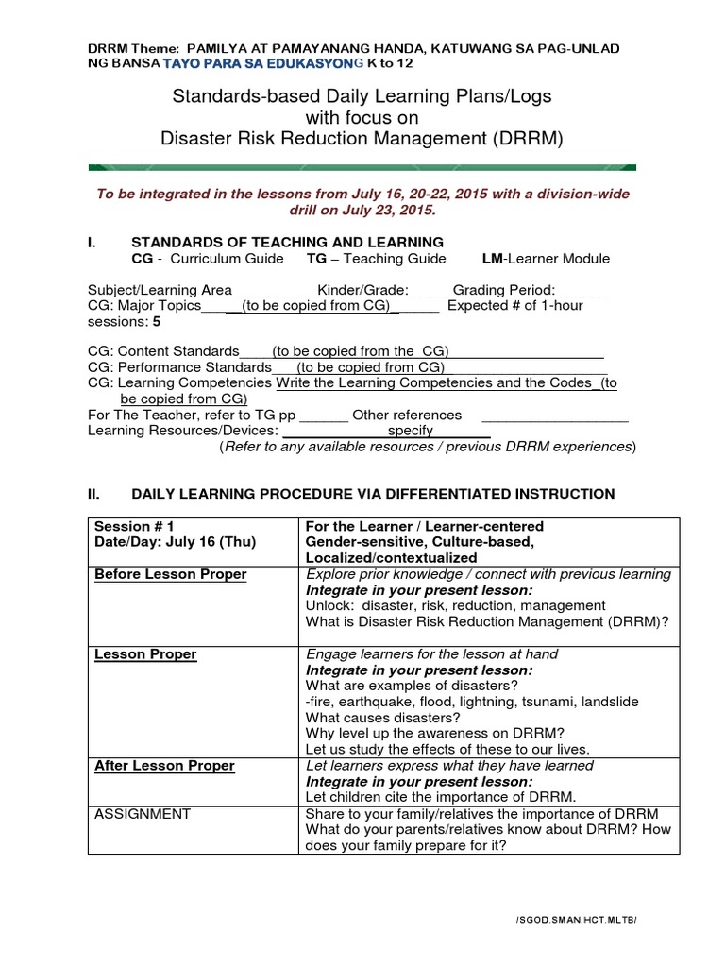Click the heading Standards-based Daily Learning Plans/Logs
tap(362, 97)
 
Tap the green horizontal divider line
tap(362, 167)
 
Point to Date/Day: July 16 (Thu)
tap(175, 542)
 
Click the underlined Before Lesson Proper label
tap(171, 574)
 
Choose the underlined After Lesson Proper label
tap(164, 766)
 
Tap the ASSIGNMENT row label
tap(143, 814)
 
